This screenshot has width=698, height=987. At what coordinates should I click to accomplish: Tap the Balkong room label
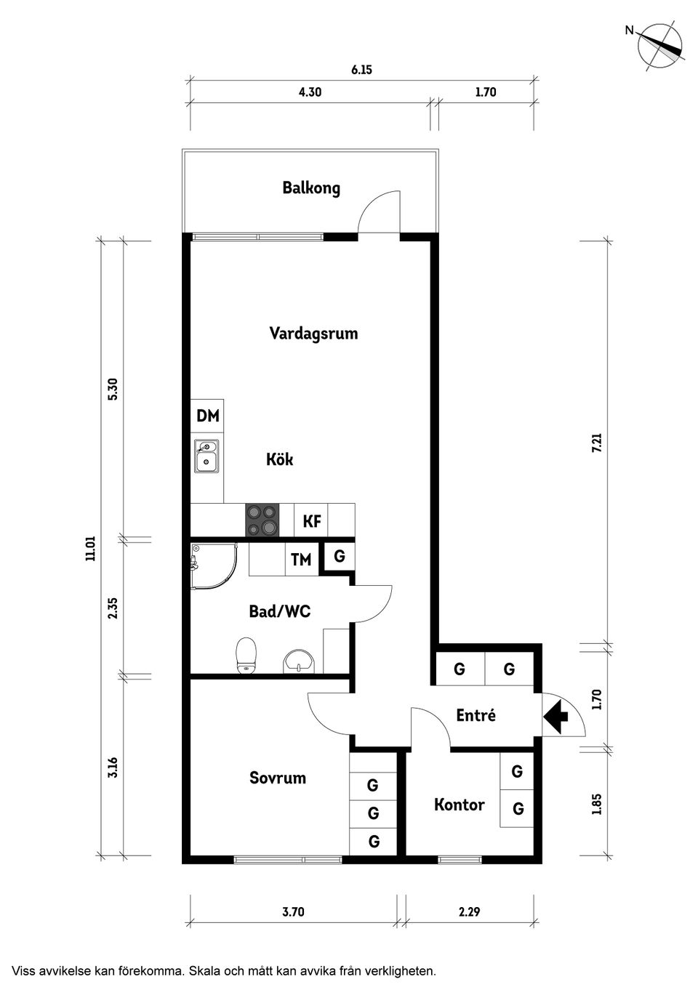point(311,188)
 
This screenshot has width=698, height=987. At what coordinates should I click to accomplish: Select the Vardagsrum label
point(313,334)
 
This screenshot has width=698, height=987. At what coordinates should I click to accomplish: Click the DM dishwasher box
point(207,416)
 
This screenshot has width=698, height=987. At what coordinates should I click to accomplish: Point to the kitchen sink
point(206,455)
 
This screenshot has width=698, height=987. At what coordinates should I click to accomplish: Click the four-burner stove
point(262,520)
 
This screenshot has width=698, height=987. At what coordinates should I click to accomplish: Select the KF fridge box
point(312,521)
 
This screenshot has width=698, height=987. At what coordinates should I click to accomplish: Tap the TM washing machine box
point(301,560)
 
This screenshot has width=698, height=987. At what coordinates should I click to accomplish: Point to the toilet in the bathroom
point(246,655)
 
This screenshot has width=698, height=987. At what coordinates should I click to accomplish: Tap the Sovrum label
point(277,778)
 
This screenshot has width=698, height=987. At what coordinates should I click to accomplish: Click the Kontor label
point(459,805)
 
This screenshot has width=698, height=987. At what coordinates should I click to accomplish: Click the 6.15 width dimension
point(361,70)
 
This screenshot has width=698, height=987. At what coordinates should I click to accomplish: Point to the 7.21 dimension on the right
point(597,443)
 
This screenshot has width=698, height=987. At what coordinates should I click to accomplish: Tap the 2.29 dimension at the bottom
point(469,911)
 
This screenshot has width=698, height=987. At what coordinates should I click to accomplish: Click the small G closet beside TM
point(340,557)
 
